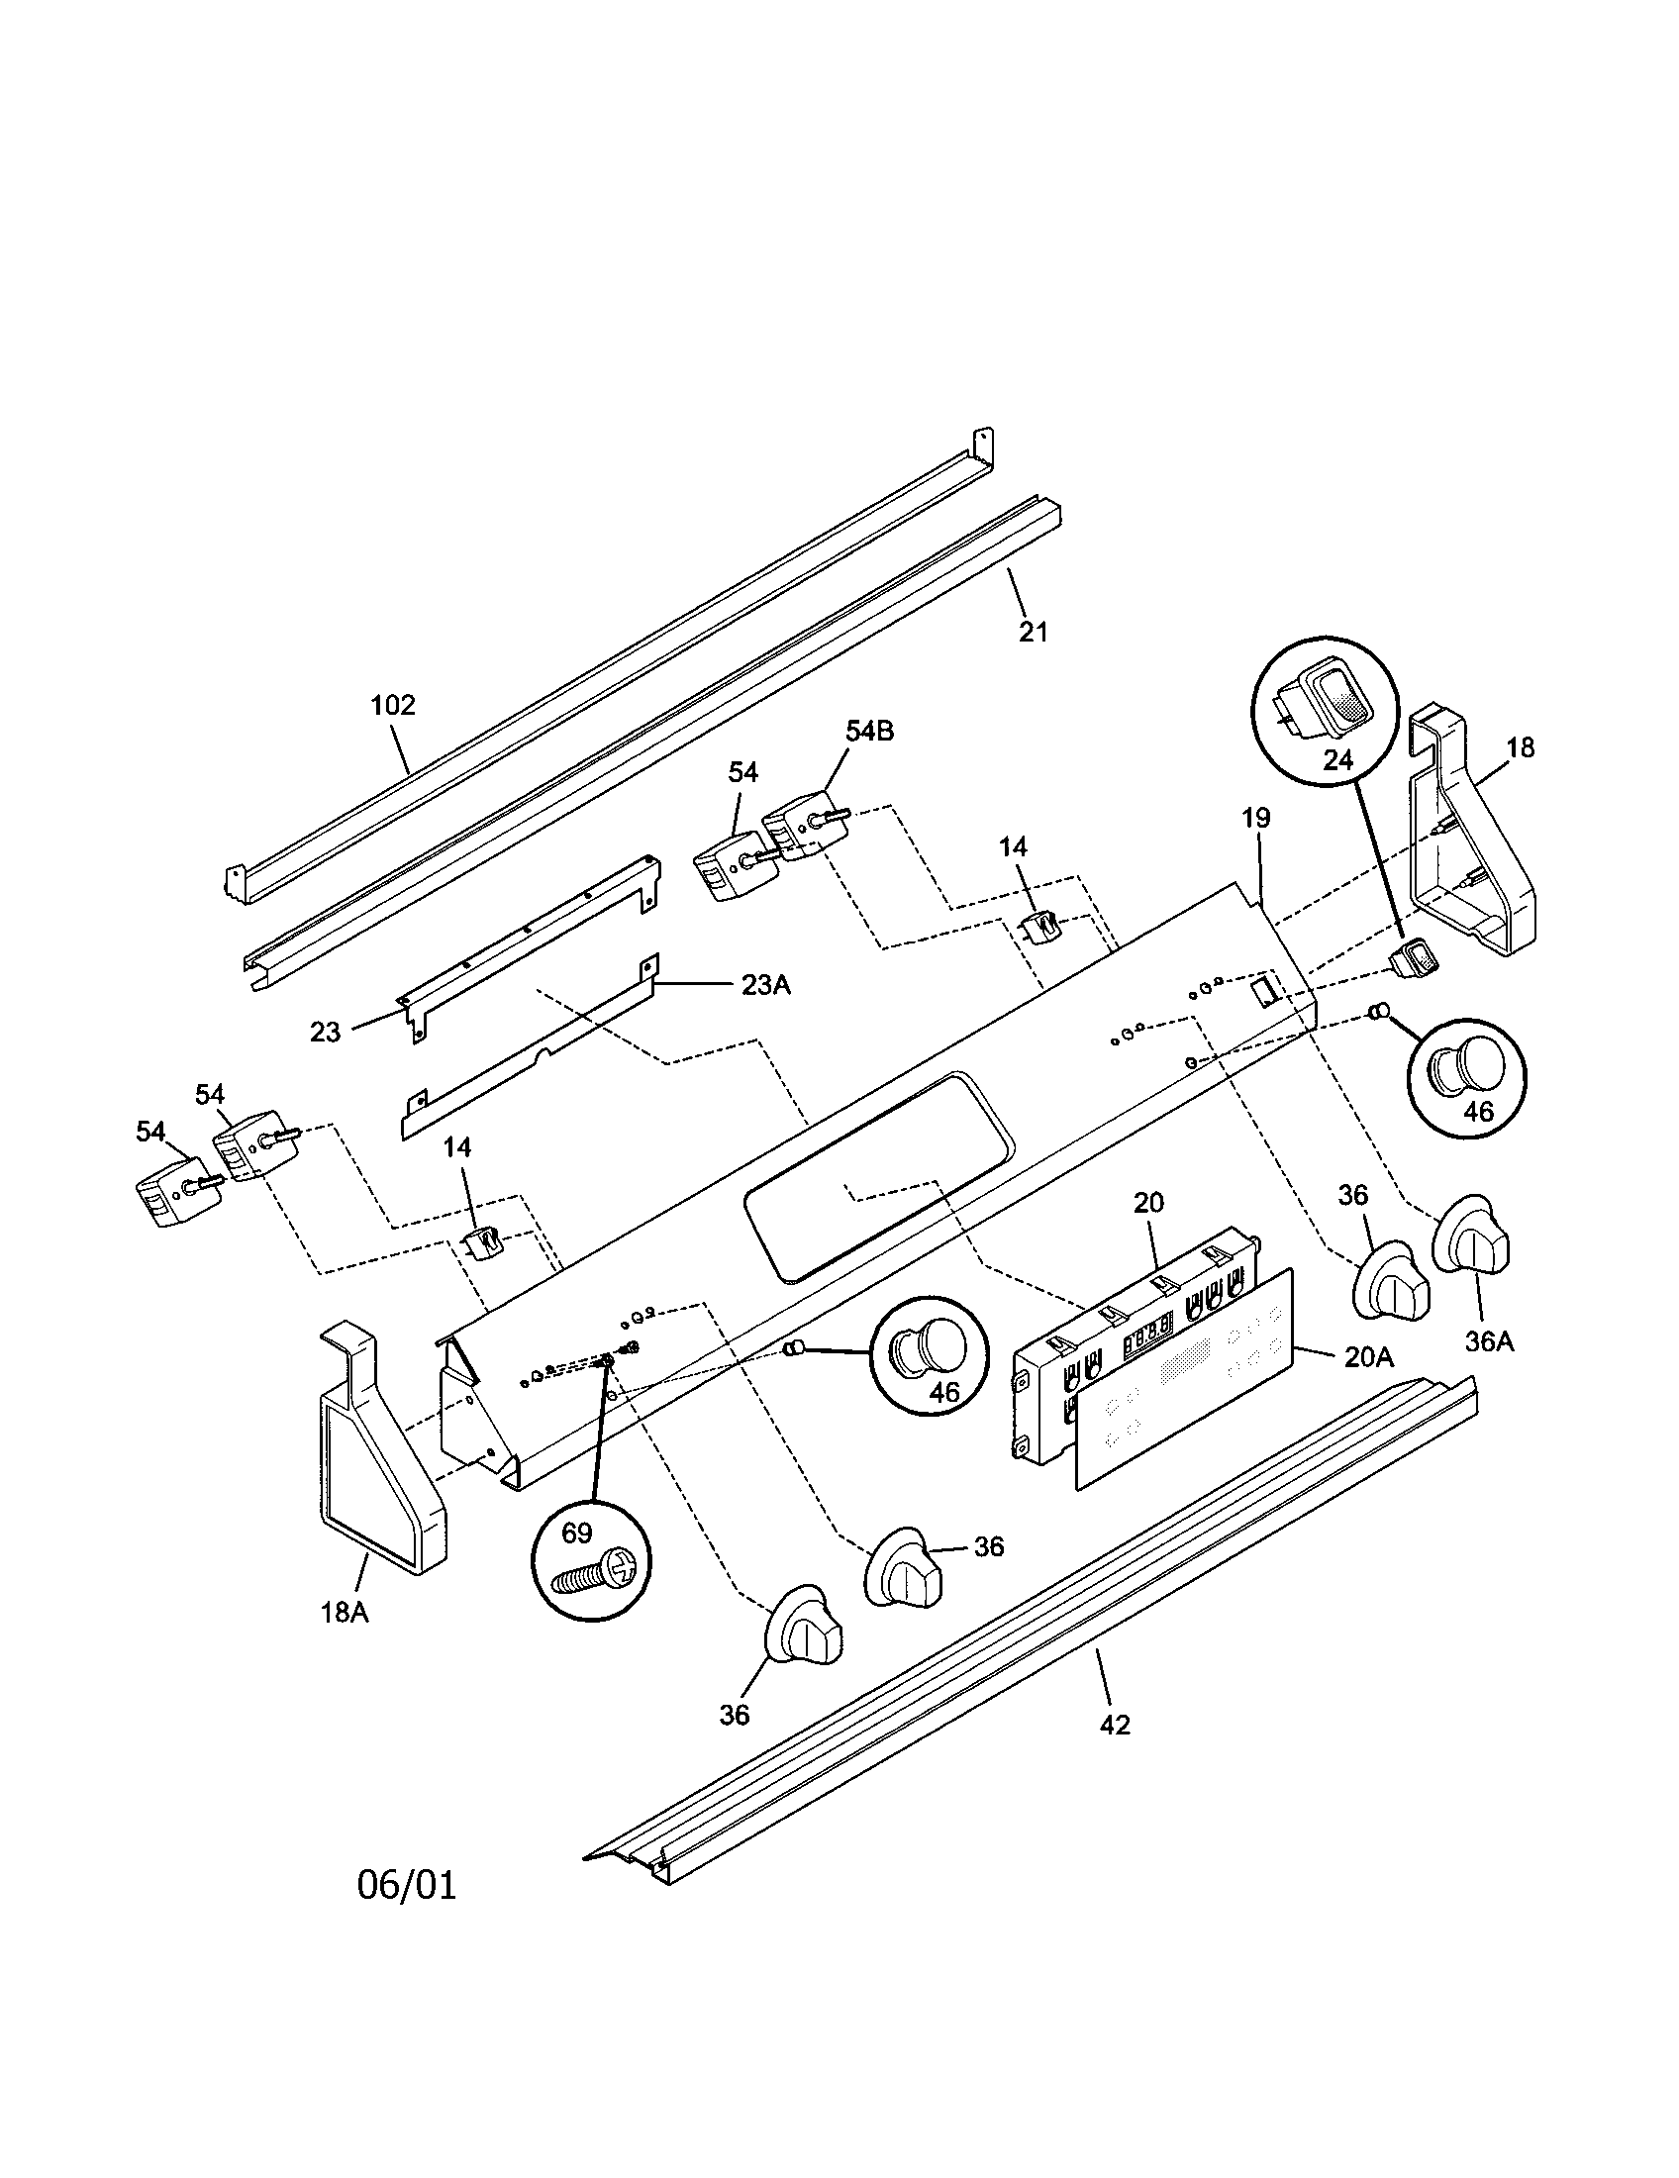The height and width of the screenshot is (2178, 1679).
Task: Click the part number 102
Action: pos(392,706)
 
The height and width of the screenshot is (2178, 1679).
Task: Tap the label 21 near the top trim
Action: pos(1033,632)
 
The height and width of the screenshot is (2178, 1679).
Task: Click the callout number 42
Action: pos(1115,1726)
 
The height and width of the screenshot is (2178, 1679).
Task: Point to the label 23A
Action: pos(764,985)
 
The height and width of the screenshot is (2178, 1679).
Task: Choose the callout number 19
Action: pos(1256,819)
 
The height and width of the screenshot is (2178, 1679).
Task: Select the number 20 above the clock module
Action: pos(1148,1203)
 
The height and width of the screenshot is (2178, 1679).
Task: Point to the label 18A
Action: pos(345,1612)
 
